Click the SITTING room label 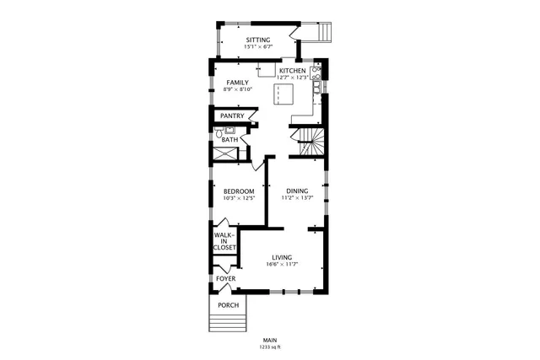click(x=258, y=40)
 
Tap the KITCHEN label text click(x=293, y=71)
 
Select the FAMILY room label click(x=237, y=82)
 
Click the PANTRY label click(x=232, y=116)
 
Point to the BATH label click(x=230, y=140)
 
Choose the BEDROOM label click(x=239, y=191)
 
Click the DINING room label click(x=297, y=191)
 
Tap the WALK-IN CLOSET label click(x=224, y=241)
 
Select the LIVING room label click(x=282, y=258)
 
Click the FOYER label click(x=225, y=278)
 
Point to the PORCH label click(x=228, y=305)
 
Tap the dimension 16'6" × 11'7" click(x=282, y=266)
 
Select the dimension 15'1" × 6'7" click(x=258, y=46)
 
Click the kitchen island click(x=283, y=94)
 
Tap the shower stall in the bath click(x=224, y=154)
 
